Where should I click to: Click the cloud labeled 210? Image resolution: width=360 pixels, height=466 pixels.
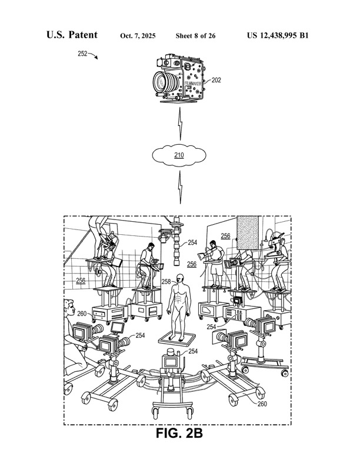click(179, 156)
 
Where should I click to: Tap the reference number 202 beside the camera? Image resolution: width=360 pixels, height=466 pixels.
click(216, 79)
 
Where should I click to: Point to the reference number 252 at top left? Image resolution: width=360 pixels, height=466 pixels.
click(82, 54)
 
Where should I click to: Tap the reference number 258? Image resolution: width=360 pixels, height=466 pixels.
click(166, 282)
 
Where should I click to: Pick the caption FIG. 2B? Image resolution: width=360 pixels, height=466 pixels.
click(179, 434)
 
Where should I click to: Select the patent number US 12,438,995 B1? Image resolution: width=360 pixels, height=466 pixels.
click(278, 36)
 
